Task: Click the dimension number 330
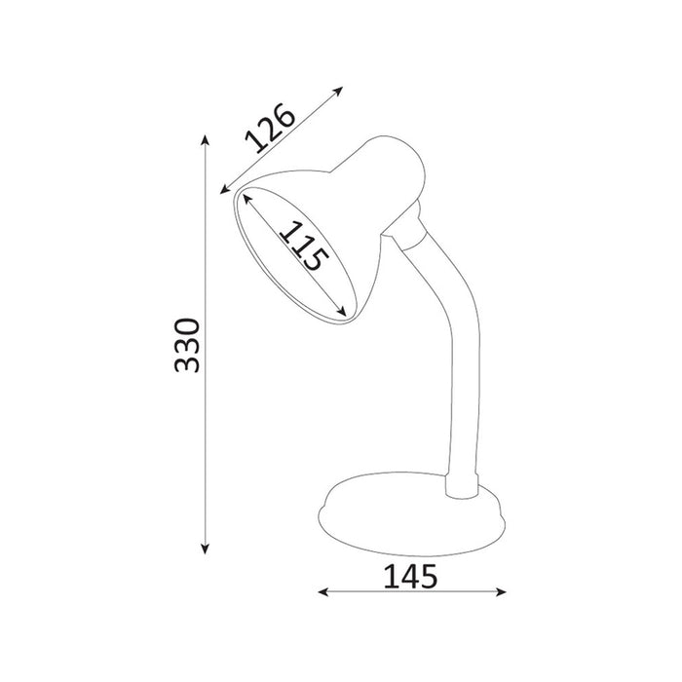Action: point(187,346)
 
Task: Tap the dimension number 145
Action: point(410,577)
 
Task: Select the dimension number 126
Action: point(270,128)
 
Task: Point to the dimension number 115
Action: point(304,246)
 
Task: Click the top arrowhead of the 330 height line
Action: point(205,140)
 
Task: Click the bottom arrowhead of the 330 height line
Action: point(205,549)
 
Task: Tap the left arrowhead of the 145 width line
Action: point(323,591)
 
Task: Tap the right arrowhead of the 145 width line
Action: point(501,591)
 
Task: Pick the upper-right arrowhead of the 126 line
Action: point(338,91)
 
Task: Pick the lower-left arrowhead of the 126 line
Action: point(225,190)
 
